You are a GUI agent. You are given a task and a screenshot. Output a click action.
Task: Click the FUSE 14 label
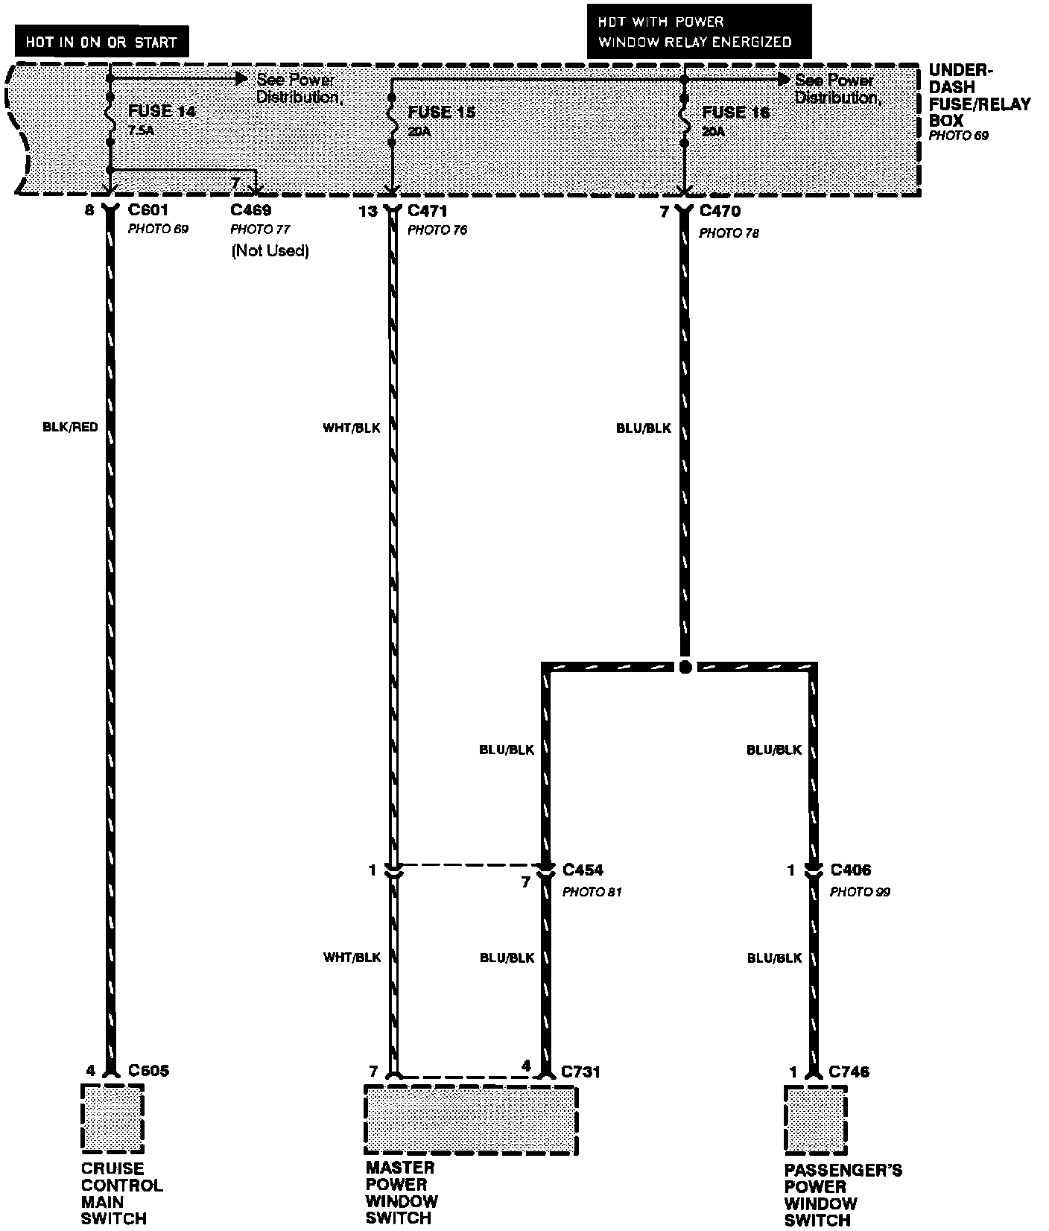click(x=162, y=112)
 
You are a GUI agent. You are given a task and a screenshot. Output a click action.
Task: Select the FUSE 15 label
click(x=441, y=113)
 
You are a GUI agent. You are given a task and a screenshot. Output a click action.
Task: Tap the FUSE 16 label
click(x=735, y=113)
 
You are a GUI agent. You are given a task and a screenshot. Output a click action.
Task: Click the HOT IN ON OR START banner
click(x=101, y=42)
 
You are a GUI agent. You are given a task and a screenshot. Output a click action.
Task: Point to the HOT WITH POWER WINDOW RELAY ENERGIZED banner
click(x=698, y=32)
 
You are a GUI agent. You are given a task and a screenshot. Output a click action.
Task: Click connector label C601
click(x=148, y=211)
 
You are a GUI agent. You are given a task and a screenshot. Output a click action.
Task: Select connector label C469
click(x=251, y=211)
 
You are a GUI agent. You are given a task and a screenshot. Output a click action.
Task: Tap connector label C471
click(x=428, y=212)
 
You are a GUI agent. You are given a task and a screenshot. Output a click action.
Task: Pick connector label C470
click(x=720, y=212)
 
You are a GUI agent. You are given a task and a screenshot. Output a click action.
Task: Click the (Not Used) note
click(x=270, y=250)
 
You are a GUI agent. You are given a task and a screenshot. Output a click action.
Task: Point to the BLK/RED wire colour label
click(x=70, y=428)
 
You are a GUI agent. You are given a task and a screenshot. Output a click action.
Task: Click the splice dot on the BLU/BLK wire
click(x=685, y=667)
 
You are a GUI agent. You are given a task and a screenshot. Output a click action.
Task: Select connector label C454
click(x=583, y=870)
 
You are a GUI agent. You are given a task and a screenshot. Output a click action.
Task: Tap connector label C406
click(x=850, y=870)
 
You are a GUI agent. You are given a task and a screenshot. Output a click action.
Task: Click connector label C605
click(x=148, y=1071)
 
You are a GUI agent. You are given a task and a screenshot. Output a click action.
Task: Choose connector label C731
click(x=580, y=1072)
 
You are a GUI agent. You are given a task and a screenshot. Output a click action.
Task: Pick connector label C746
click(x=849, y=1072)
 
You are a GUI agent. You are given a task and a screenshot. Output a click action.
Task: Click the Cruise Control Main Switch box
click(x=112, y=1118)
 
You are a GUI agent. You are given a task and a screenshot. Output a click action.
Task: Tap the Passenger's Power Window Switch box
click(x=815, y=1120)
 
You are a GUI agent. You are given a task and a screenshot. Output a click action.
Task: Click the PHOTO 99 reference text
click(x=860, y=892)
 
